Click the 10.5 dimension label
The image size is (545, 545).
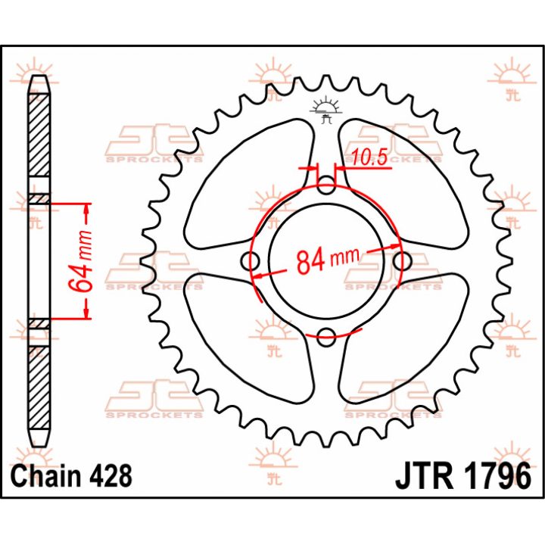pos(369,157)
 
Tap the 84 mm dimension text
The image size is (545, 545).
pos(327,260)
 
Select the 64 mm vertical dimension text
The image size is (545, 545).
pos(81,260)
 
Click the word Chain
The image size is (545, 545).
pos(46,475)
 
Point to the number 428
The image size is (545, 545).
pos(111,475)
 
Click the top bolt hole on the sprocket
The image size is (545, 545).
pos(326,185)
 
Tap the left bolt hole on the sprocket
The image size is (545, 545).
pos(251,261)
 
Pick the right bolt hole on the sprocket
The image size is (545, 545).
pos(403,260)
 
